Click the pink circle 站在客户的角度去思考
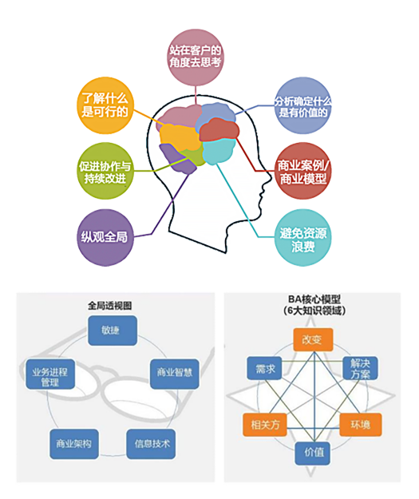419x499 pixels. [196, 57]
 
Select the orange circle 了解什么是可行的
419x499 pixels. [105, 105]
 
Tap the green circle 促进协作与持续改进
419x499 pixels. [105, 171]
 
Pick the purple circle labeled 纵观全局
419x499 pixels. [105, 237]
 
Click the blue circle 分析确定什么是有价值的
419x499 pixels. [302, 105]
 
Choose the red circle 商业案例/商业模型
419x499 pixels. [302, 171]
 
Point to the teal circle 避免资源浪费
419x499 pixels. [302, 237]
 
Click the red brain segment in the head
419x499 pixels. [219, 130]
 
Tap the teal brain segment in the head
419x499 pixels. [219, 152]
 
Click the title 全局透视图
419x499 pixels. [110, 306]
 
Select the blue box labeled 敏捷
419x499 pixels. [113, 331]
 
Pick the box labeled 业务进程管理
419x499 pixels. [50, 374]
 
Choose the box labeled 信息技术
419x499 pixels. [151, 444]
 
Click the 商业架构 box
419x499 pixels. [74, 444]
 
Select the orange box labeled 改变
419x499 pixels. [313, 339]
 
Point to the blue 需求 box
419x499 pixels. [264, 368]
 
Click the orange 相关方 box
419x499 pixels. [265, 425]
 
